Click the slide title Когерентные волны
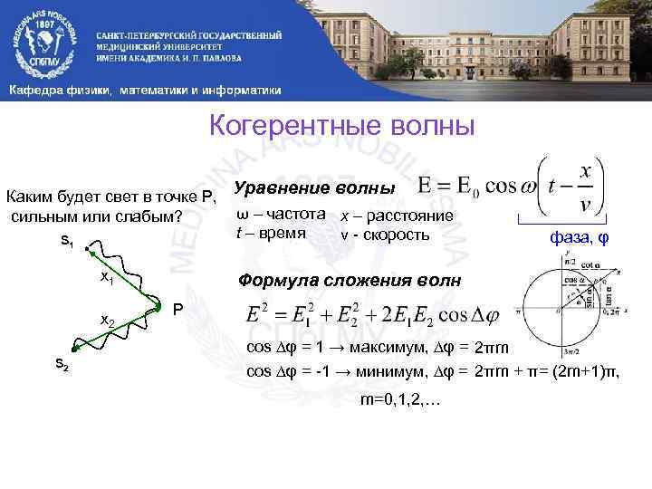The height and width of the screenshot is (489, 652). pos(341,125)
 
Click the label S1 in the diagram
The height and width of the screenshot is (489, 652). pos(68,241)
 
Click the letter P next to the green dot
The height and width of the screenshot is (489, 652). pos(178,308)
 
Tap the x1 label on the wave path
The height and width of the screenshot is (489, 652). pos(106,276)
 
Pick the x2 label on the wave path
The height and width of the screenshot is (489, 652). pos(107,321)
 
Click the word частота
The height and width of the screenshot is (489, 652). pos(297,216)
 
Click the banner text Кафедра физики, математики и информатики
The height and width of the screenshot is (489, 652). pos(145,91)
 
